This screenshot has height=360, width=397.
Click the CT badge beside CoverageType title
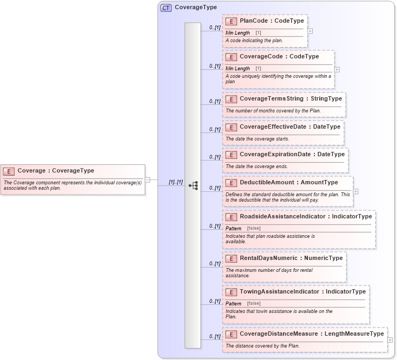[x=166, y=8]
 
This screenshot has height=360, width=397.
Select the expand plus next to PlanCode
[x=310, y=31]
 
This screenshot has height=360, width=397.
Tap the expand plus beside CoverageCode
[x=337, y=69]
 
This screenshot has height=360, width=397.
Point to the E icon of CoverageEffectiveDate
[x=231, y=127]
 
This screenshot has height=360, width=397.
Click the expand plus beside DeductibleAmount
[x=355, y=191]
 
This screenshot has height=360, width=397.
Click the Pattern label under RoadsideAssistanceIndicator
[x=233, y=229]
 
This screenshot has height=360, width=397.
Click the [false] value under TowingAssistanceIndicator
[x=253, y=303]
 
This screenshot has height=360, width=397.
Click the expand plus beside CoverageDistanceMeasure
[x=390, y=340]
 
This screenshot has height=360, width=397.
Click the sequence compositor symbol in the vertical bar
[x=193, y=185]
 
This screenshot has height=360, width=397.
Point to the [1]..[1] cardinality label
[x=176, y=182]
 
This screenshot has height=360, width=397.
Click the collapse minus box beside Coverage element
[x=147, y=179]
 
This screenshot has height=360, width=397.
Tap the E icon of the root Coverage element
[x=9, y=171]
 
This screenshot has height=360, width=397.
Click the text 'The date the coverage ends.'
[x=257, y=166]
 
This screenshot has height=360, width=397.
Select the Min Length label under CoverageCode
[x=238, y=69]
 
